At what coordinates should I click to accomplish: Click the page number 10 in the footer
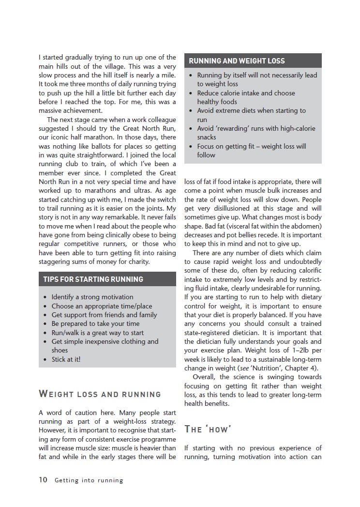tap(43, 480)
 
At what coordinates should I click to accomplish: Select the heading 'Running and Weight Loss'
tap(237, 61)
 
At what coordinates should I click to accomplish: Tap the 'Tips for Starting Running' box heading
tap(93, 279)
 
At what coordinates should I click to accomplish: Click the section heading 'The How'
tap(208, 430)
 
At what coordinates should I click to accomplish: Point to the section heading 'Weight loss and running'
tap(100, 394)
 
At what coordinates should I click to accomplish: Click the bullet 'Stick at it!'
tap(66, 359)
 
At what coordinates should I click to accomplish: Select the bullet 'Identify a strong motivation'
tap(92, 297)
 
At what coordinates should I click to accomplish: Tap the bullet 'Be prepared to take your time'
tap(95, 323)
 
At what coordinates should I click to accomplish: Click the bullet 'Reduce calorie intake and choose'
tap(246, 93)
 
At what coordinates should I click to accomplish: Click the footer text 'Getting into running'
tap(89, 480)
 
